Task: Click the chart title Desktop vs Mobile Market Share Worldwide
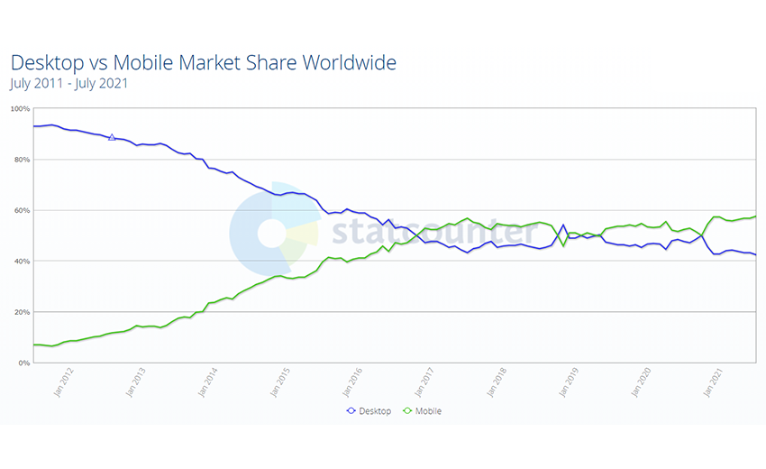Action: (x=203, y=62)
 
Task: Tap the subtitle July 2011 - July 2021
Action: (x=68, y=84)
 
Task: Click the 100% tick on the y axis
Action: (x=20, y=109)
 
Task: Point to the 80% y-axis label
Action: (x=22, y=160)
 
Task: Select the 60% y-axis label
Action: (x=22, y=210)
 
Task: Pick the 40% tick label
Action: (x=22, y=262)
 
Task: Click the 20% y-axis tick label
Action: (x=22, y=312)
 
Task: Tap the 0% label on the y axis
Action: (x=23, y=363)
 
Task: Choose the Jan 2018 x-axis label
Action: (x=500, y=382)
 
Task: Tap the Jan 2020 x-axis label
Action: (x=644, y=382)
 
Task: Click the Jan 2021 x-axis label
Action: (x=716, y=382)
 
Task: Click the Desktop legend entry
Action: (x=369, y=411)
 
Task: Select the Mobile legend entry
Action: (x=422, y=411)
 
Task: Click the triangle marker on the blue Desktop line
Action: (x=112, y=137)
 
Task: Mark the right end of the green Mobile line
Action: (x=754, y=216)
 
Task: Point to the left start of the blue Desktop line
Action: (x=33, y=126)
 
